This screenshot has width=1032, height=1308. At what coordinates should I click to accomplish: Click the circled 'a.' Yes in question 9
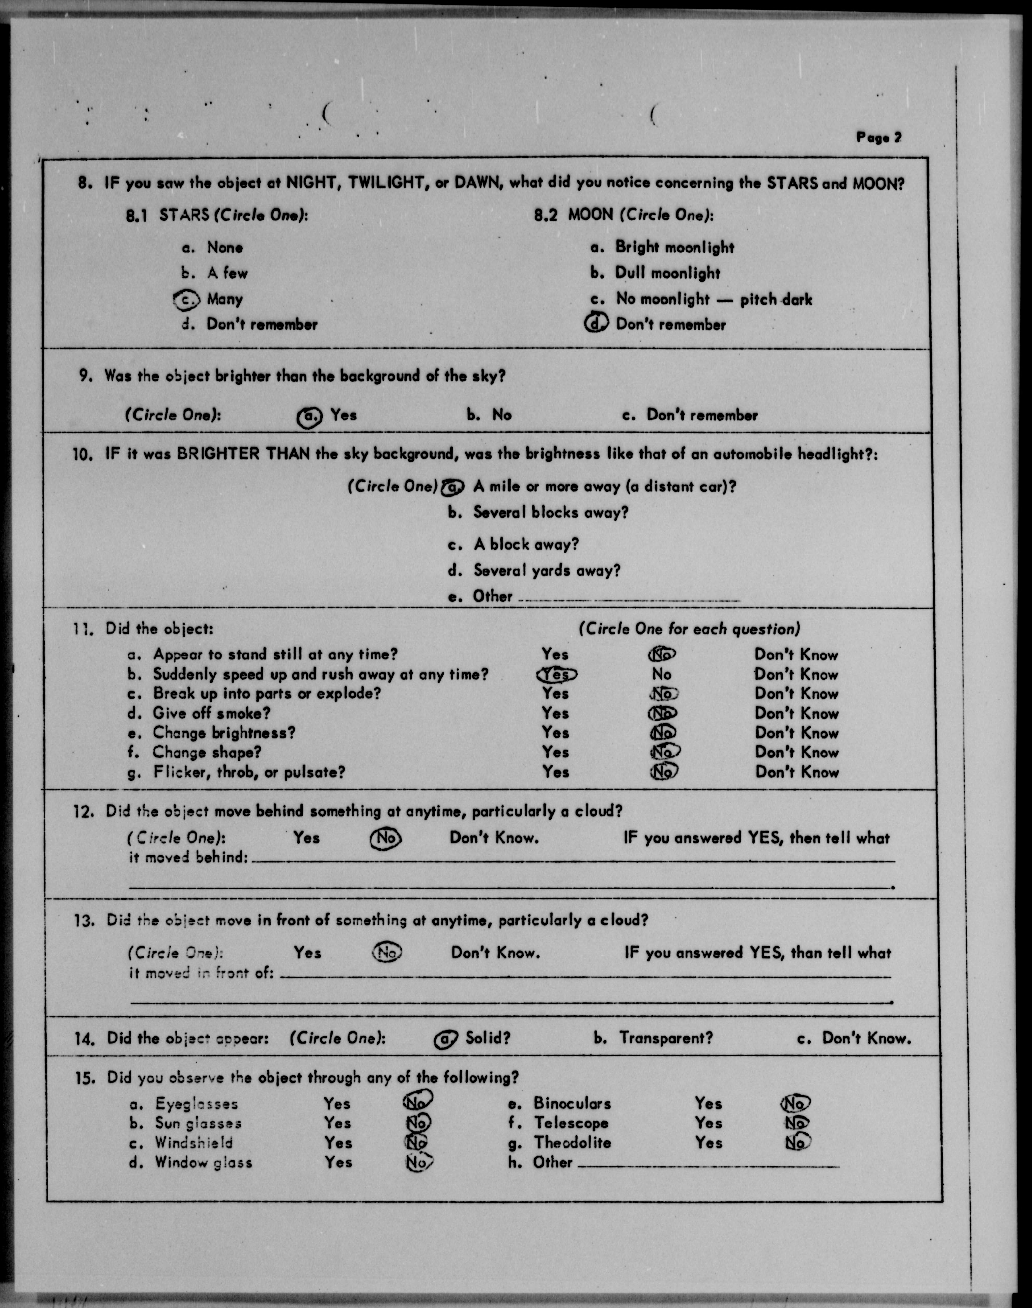click(x=309, y=416)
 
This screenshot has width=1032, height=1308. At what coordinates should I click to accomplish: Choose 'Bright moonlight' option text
click(x=674, y=247)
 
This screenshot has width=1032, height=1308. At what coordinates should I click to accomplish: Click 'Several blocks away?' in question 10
click(x=550, y=513)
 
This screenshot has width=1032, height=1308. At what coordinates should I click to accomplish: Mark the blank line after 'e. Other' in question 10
click(x=629, y=600)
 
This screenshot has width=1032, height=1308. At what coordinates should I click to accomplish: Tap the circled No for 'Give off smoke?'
click(x=662, y=713)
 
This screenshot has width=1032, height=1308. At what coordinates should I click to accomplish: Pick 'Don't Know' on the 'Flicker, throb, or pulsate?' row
click(x=796, y=772)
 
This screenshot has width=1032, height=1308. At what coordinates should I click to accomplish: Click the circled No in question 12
click(x=385, y=838)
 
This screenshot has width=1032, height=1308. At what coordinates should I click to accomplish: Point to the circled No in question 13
click(x=387, y=953)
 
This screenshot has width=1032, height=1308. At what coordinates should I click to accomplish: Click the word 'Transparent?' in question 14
click(x=665, y=1038)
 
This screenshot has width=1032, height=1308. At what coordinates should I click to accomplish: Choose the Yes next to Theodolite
click(x=708, y=1142)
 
